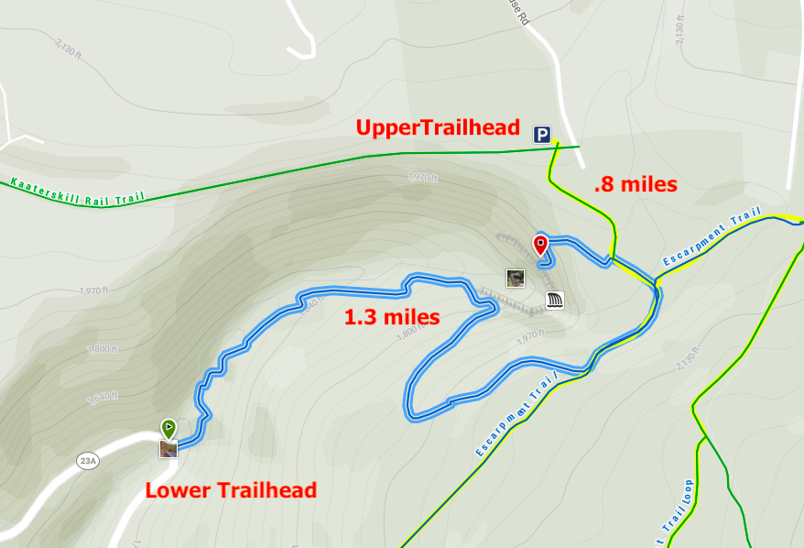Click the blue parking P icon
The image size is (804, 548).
coord(543,135)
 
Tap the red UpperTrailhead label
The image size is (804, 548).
coord(438,128)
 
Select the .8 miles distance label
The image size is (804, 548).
coord(636,184)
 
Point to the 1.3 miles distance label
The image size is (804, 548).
coord(391,318)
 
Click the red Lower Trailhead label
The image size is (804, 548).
coord(231,490)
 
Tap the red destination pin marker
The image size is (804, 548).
coord(540,246)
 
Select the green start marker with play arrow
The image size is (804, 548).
coord(168,427)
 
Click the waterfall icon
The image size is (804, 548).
coord(555,299)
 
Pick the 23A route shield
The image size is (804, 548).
coord(88,462)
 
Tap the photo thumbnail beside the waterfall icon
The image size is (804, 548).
coord(516,278)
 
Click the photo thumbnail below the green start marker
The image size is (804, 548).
coord(168,448)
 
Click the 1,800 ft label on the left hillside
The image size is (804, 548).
coord(103,349)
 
